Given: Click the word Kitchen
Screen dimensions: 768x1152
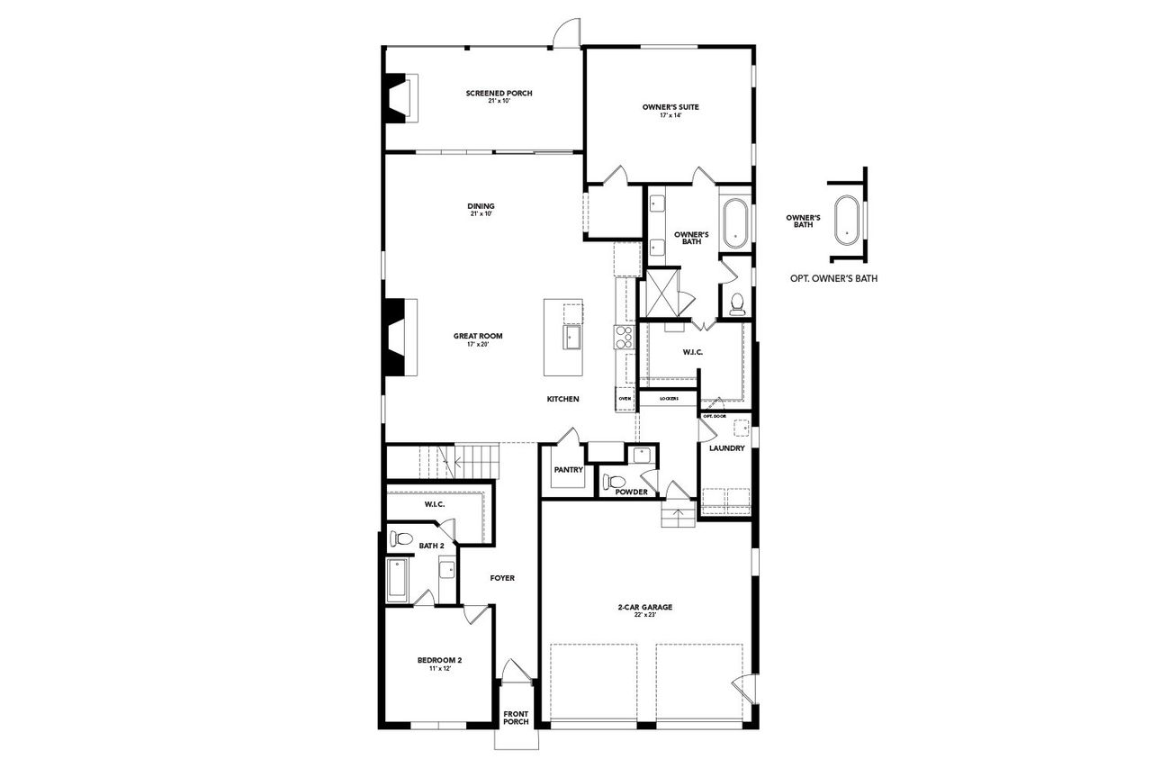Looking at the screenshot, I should click(563, 399).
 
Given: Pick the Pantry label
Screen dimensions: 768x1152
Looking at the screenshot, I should click(568, 470).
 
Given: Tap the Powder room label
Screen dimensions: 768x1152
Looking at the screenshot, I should click(632, 492).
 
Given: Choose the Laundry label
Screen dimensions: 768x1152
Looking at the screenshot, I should click(726, 448).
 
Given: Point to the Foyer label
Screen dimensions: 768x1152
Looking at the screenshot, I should click(502, 578).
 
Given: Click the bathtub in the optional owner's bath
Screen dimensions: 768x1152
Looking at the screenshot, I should click(847, 219).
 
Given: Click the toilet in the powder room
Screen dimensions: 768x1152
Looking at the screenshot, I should click(613, 479).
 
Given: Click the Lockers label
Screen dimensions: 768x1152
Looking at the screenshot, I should click(669, 398).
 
